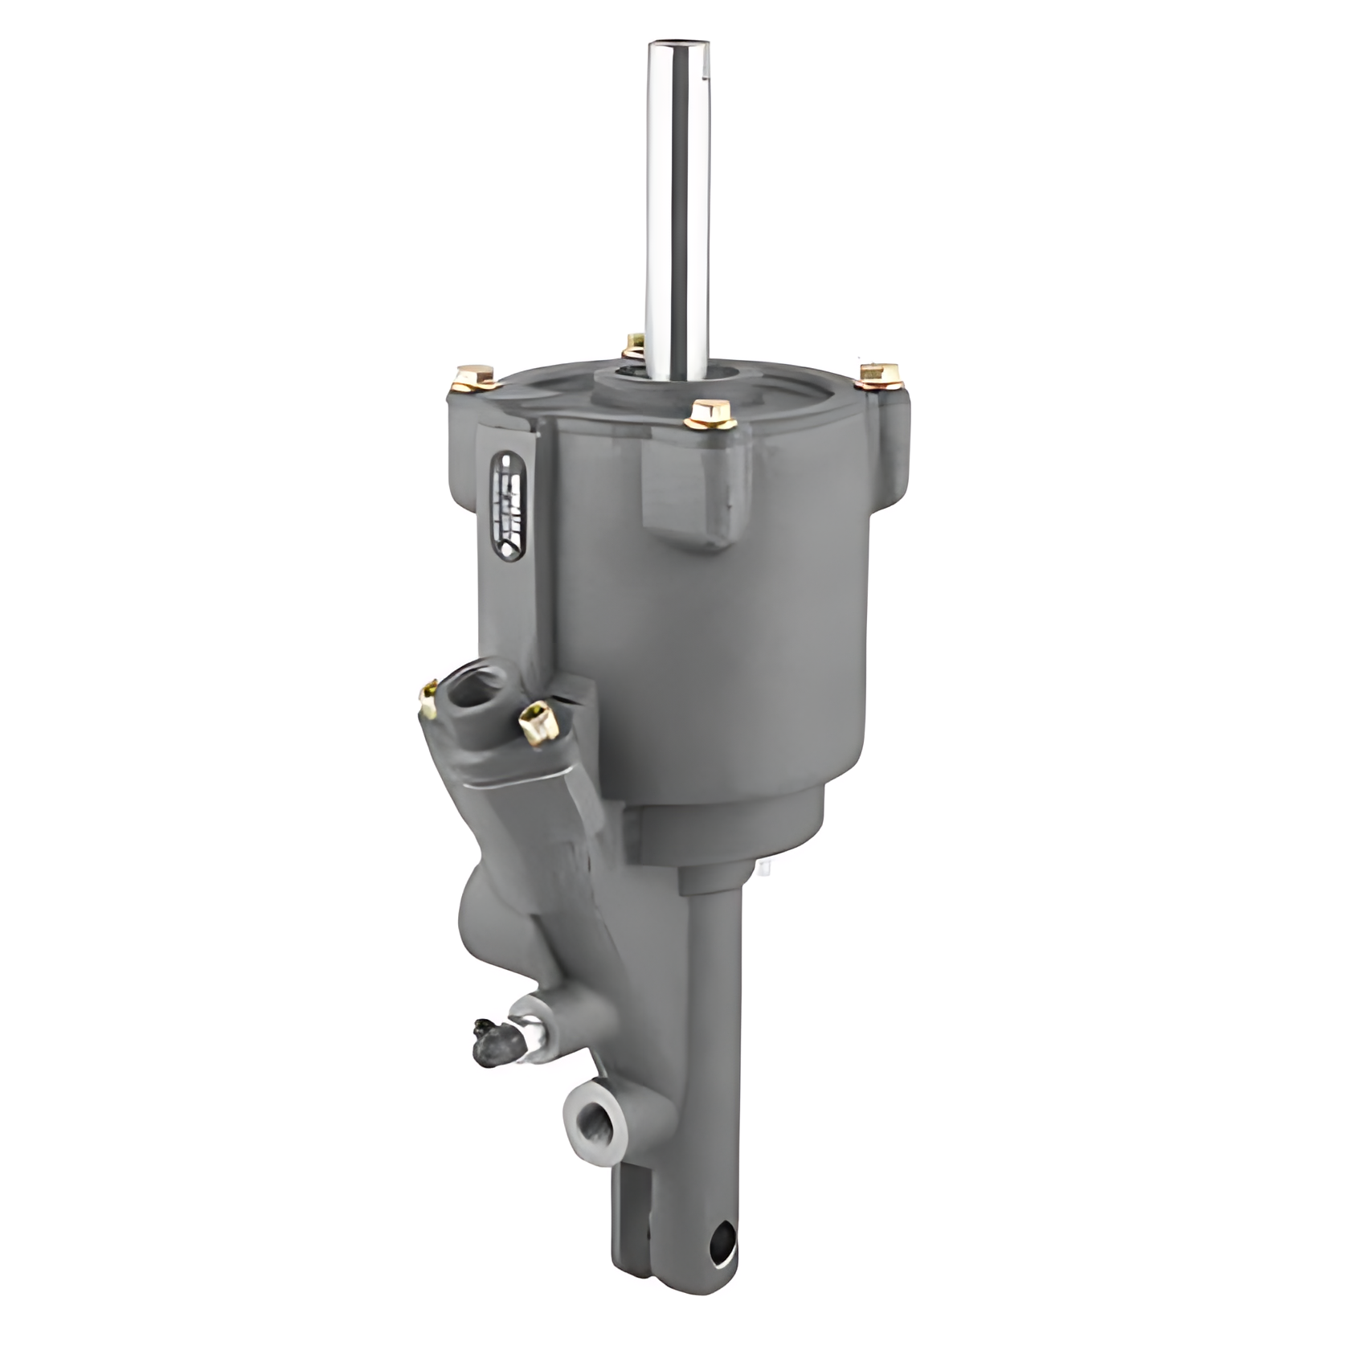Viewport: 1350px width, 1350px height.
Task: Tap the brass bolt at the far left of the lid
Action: pyautogui.click(x=472, y=376)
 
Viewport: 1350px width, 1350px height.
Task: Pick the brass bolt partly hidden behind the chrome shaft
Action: pyautogui.click(x=634, y=346)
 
